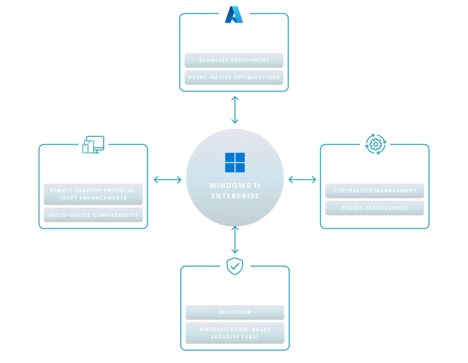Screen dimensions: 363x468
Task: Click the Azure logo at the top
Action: click(233, 14)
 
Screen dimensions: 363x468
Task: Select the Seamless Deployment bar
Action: click(234, 60)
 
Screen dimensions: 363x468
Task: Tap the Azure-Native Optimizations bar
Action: click(234, 77)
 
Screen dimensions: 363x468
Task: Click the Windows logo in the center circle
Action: click(235, 163)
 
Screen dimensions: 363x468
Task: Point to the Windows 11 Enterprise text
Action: click(235, 191)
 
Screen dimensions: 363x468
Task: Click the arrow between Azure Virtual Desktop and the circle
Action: click(235, 110)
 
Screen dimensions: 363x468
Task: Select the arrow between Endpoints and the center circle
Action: click(168, 179)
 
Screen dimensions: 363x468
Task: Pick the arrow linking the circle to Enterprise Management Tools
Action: click(302, 179)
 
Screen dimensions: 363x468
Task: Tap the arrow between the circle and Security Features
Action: click(235, 240)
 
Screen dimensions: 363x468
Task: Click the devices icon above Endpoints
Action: click(93, 144)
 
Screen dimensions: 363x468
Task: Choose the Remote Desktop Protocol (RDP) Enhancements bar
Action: click(93, 194)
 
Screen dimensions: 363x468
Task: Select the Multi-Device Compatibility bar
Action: click(93, 215)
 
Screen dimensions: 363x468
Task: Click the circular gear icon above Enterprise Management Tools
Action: click(375, 144)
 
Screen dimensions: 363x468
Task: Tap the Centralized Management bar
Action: click(375, 191)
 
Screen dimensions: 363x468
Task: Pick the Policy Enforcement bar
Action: click(375, 208)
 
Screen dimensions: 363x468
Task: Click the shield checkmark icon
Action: click(235, 266)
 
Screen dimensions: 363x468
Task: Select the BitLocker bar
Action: click(235, 312)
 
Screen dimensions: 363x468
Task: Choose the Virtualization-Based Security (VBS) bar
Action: click(235, 333)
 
